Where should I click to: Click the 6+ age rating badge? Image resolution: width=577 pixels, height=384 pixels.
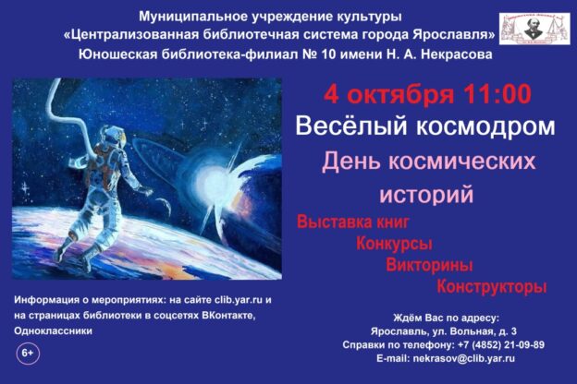[28, 354]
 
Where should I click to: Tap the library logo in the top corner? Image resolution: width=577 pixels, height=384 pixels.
[534, 29]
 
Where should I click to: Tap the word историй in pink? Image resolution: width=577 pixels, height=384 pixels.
[426, 195]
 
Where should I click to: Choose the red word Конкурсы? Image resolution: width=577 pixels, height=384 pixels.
[395, 244]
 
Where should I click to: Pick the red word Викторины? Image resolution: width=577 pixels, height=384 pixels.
[430, 265]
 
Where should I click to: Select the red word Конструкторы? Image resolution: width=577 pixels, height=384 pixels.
[491, 286]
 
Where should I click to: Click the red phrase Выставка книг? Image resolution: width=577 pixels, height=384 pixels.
[352, 222]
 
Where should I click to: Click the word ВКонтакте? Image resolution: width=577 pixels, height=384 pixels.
[223, 315]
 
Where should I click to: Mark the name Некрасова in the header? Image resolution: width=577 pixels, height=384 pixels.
[451, 54]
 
